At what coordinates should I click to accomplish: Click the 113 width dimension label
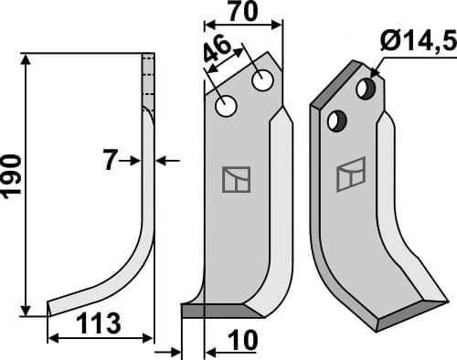pos(98,323)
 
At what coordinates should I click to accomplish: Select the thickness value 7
pos(110,161)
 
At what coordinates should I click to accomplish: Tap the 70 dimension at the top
pos(243,12)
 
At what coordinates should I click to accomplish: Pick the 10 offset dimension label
pos(243,340)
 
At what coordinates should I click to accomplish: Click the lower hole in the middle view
pos(226,106)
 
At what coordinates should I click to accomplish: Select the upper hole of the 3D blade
pos(366,89)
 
